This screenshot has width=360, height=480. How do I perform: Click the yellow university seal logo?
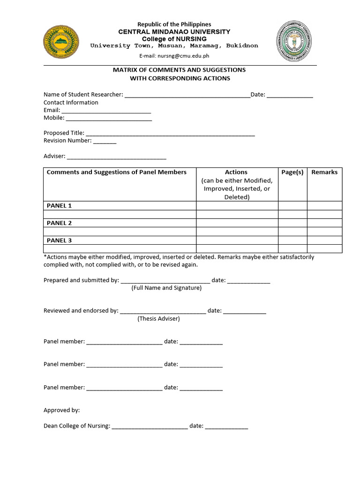pos(61,43)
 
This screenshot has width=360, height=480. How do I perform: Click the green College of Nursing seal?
pos(296,42)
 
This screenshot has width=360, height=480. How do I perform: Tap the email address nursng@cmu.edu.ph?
pos(183,55)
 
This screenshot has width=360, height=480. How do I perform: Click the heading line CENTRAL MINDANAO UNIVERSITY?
pos(174,31)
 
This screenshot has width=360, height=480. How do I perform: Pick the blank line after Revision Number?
pos(105,141)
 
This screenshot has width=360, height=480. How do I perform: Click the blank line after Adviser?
pos(117,157)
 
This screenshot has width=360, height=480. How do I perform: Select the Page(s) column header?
pos(292,172)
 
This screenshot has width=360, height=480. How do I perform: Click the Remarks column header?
pos(324,172)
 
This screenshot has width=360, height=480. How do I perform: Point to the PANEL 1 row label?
pos(60,206)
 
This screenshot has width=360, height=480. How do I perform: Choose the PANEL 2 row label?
pos(60,223)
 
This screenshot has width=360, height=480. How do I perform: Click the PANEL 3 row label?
pos(60,240)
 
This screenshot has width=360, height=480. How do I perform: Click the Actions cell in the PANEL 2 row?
pos(237,223)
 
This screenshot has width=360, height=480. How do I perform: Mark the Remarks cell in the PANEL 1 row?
pos(324,206)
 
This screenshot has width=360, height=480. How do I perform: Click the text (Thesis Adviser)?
pos(158,319)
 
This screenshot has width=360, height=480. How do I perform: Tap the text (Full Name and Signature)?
pos(166,288)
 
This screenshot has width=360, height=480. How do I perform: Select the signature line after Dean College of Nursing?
pos(150,427)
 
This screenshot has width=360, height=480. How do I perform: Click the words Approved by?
pos(62,410)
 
